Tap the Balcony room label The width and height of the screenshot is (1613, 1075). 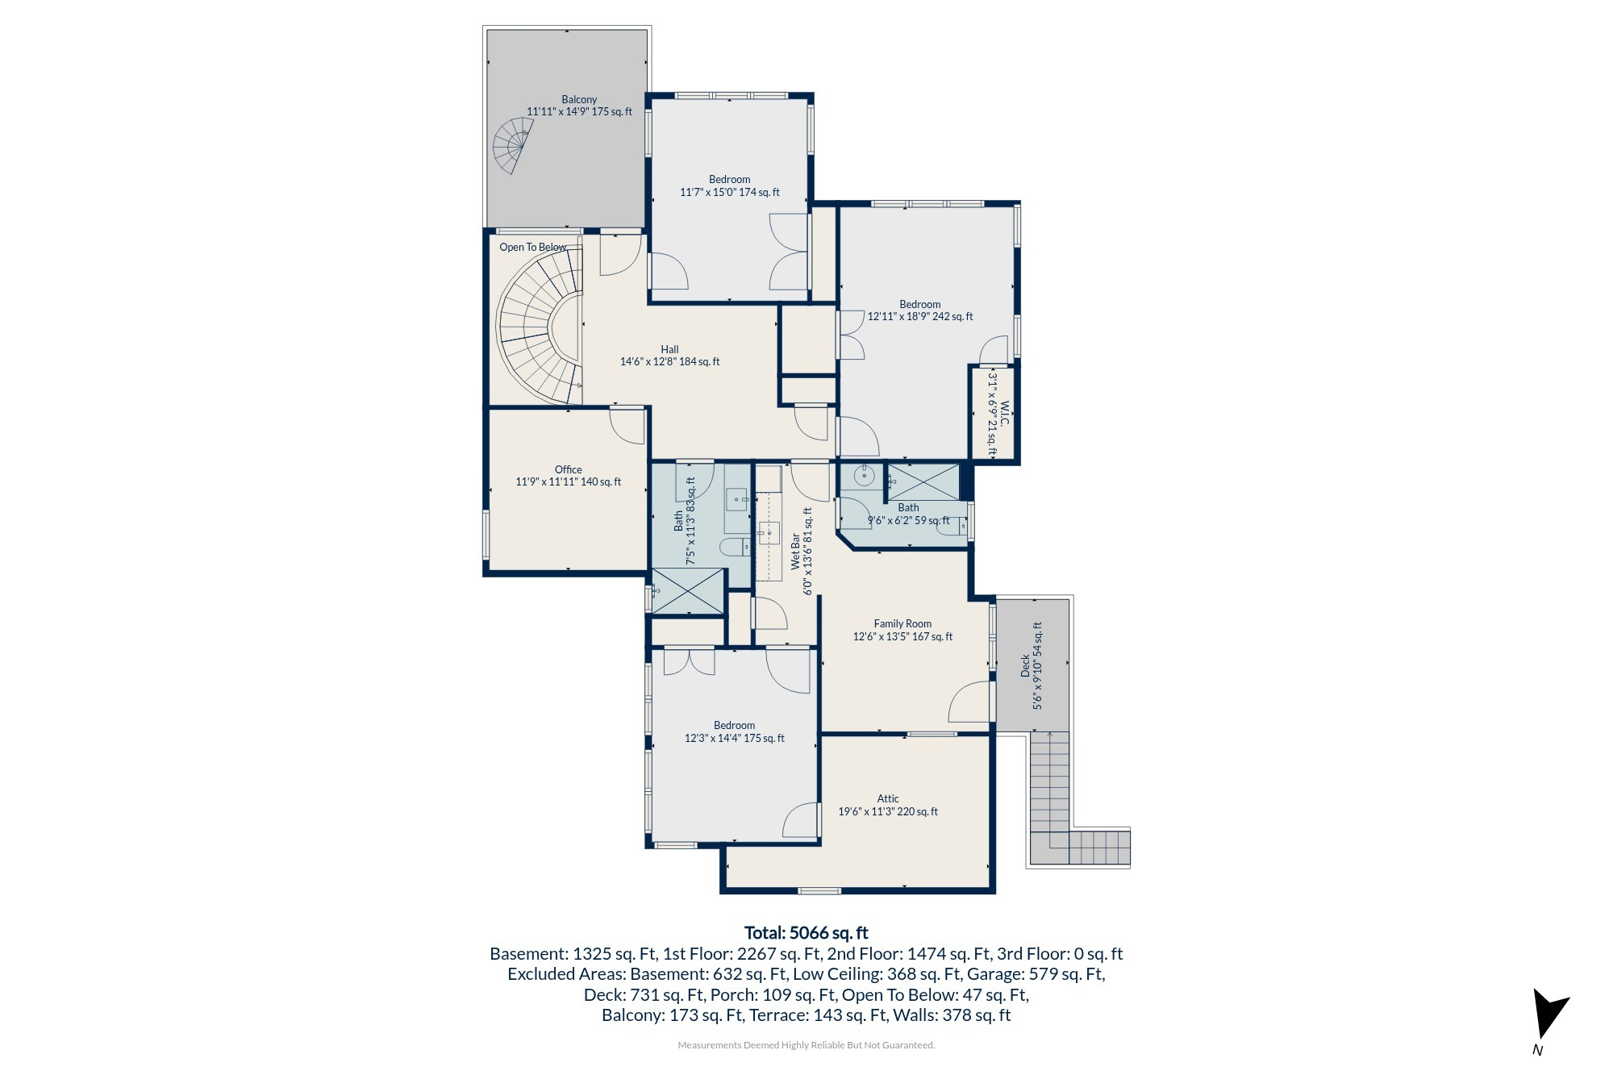click(x=579, y=106)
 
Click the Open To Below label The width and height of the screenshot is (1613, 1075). click(x=532, y=247)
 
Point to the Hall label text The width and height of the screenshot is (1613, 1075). click(x=669, y=356)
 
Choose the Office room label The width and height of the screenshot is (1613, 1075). click(x=569, y=476)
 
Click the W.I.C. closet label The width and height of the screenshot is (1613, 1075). click(x=998, y=415)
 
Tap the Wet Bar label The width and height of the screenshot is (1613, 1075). click(x=802, y=551)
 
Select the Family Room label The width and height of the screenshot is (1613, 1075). click(x=902, y=630)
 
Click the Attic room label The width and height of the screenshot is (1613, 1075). click(x=888, y=805)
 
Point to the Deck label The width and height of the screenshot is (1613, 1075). click(x=1032, y=665)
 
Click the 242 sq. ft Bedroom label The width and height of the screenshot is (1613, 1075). click(x=920, y=310)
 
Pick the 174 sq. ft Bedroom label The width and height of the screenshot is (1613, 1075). click(x=730, y=185)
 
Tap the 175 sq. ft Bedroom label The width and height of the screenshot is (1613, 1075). click(x=735, y=731)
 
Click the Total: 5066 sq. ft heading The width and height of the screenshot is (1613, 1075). click(x=806, y=933)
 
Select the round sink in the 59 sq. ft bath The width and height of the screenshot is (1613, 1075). click(x=864, y=476)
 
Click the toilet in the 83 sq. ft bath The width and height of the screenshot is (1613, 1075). click(x=735, y=548)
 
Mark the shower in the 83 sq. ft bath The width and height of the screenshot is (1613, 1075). click(x=688, y=591)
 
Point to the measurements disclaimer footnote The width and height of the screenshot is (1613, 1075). click(x=806, y=1045)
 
